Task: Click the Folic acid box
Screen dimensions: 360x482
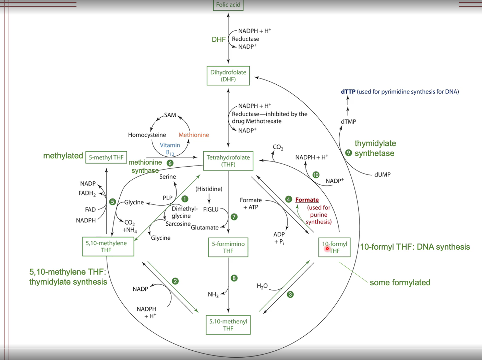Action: pyautogui.click(x=228, y=5)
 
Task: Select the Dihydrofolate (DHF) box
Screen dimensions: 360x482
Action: pyautogui.click(x=228, y=76)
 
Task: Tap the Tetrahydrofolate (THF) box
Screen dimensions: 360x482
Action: pyautogui.click(x=228, y=161)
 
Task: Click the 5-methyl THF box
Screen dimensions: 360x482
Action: pyautogui.click(x=106, y=157)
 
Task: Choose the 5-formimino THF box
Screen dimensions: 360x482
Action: pyautogui.click(x=228, y=247)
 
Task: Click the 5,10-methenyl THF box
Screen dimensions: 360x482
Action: pyautogui.click(x=228, y=325)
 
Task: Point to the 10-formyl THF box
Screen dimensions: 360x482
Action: pyautogui.click(x=335, y=247)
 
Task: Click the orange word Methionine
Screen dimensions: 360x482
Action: pyautogui.click(x=194, y=135)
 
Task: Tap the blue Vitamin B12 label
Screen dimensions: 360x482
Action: pyautogui.click(x=170, y=149)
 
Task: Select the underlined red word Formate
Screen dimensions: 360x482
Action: pyautogui.click(x=307, y=200)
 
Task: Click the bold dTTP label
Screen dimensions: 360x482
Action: pyautogui.click(x=348, y=92)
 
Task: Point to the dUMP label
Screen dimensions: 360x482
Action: pyautogui.click(x=382, y=175)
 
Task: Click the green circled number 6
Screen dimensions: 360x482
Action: pyautogui.click(x=170, y=163)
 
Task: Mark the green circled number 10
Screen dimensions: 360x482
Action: pyautogui.click(x=316, y=175)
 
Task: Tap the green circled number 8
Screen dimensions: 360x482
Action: pyautogui.click(x=234, y=278)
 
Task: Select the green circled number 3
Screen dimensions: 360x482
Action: pyautogui.click(x=290, y=295)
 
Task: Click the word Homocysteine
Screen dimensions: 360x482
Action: pyautogui.click(x=147, y=135)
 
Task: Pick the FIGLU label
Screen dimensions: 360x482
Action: pyautogui.click(x=211, y=209)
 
